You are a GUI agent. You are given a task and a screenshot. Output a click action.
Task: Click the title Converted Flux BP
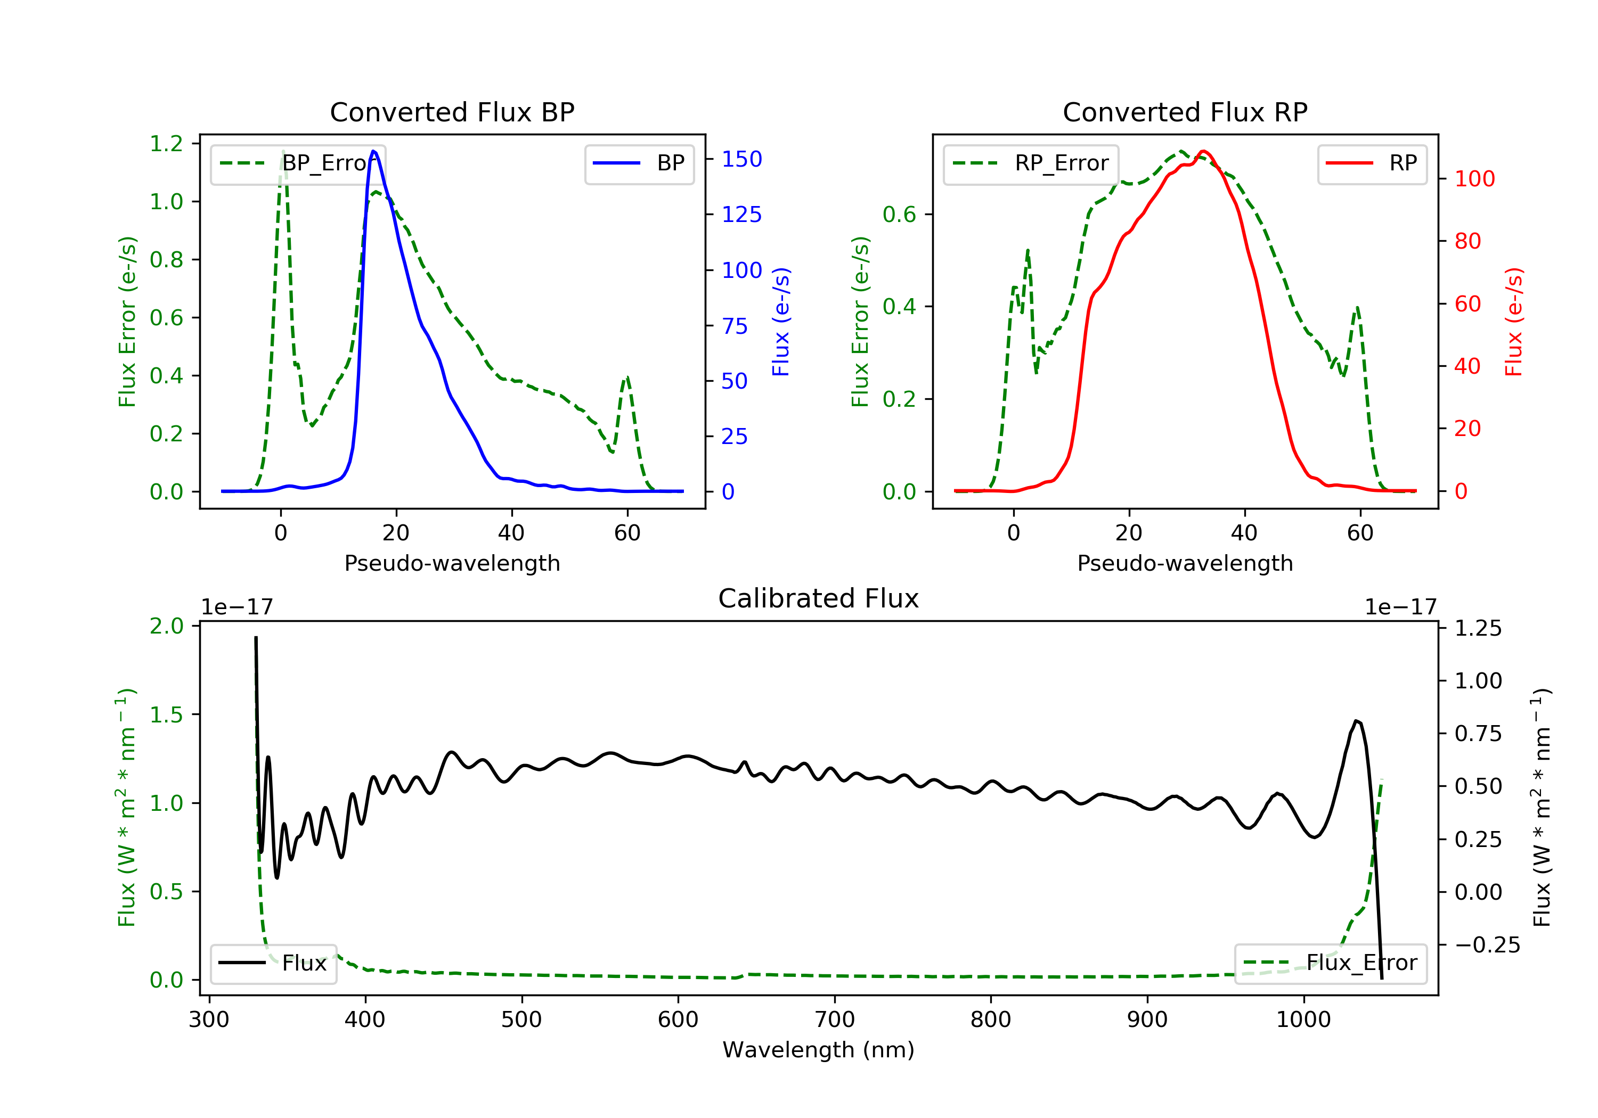tap(452, 112)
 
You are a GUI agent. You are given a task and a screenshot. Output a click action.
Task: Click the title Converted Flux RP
tap(1185, 112)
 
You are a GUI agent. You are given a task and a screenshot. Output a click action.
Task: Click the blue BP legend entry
tap(639, 163)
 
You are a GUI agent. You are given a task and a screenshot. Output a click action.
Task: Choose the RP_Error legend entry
tap(1030, 163)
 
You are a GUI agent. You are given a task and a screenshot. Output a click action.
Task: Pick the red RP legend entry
tap(1371, 163)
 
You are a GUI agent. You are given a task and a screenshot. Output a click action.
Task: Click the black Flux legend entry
tap(273, 963)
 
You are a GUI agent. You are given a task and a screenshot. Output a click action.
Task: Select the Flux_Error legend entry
tap(1330, 963)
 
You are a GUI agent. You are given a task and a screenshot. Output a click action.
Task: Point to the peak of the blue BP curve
tap(374, 151)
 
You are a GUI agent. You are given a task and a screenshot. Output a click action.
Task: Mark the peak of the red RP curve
tap(1203, 151)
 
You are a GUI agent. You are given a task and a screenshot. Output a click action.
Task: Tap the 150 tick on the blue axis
tap(741, 159)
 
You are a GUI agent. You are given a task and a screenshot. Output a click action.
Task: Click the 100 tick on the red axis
tap(1474, 179)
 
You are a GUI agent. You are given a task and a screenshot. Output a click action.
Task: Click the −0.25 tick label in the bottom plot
tap(1487, 945)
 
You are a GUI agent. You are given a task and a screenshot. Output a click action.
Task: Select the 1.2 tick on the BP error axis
tap(166, 144)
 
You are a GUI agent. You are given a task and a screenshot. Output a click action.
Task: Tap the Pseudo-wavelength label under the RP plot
tap(1185, 563)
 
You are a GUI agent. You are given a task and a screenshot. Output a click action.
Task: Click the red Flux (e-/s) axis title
tap(1514, 322)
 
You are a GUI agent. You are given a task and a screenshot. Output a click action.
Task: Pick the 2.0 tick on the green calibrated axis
tap(166, 626)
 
